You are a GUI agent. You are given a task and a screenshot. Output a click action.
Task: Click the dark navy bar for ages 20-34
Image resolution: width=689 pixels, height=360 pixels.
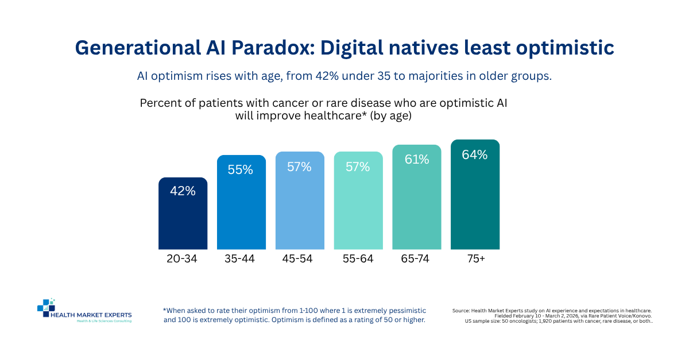[x=183, y=213]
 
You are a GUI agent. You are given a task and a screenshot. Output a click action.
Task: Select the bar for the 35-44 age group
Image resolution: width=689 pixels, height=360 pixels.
[x=242, y=202]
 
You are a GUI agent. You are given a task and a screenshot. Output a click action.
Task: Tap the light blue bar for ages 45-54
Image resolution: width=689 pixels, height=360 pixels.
[x=300, y=200]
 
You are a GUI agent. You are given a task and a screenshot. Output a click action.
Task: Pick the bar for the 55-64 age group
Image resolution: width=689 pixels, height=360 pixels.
[x=358, y=200]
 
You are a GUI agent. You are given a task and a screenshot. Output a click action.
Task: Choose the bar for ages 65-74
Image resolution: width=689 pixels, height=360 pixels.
[x=417, y=197]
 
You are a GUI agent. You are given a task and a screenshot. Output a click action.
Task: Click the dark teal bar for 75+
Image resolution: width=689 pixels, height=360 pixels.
[x=475, y=195]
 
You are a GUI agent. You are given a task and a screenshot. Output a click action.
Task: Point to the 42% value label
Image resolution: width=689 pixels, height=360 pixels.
[x=183, y=191]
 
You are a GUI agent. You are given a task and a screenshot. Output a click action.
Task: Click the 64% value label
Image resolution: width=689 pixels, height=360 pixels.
[x=475, y=155]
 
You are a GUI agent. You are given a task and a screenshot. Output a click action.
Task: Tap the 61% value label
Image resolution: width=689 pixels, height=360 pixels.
[x=417, y=160]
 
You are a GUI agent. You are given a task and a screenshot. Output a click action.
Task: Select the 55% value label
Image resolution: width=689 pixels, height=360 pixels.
[x=240, y=170]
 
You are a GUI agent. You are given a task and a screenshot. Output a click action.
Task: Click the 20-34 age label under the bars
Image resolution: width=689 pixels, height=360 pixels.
[x=182, y=259]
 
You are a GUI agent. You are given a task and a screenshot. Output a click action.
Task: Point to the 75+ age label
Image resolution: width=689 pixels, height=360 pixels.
[x=476, y=259]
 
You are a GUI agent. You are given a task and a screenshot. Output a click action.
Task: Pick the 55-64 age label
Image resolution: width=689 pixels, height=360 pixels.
[x=358, y=259]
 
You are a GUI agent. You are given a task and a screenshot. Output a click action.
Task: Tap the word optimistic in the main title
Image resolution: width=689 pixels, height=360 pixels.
[x=565, y=48]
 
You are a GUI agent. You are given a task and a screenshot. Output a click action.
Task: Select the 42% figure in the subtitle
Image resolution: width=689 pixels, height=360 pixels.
[x=327, y=76]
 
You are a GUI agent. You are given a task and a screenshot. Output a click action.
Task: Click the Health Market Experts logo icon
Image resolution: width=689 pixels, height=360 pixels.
[x=46, y=308]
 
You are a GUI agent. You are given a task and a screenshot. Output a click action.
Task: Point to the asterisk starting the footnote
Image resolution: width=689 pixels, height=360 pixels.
[x=165, y=309]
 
